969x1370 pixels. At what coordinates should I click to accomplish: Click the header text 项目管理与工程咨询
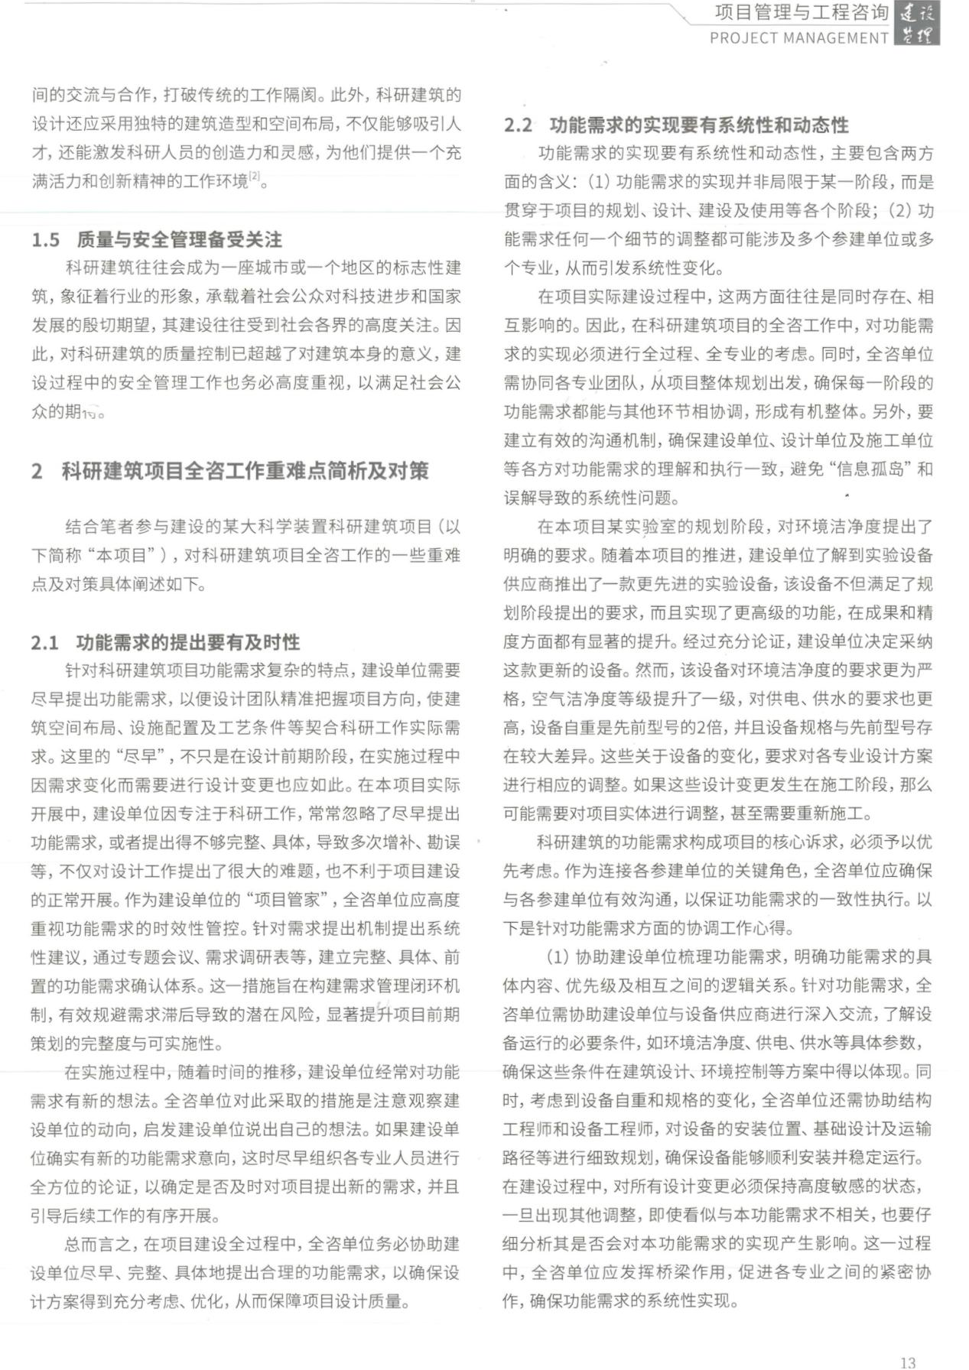[802, 12]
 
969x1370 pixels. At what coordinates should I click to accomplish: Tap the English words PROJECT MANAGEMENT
[799, 38]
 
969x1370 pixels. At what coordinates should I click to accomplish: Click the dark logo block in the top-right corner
[917, 24]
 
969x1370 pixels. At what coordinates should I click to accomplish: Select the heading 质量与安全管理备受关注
[179, 240]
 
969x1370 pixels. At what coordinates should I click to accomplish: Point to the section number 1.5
[45, 240]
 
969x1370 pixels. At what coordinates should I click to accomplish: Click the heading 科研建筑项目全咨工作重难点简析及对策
[245, 471]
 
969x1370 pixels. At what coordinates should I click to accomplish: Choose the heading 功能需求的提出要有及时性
[187, 642]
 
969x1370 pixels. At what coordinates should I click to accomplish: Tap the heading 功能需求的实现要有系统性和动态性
[699, 125]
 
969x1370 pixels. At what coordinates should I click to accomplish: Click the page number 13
[908, 1362]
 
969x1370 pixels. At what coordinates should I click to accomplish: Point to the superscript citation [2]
[255, 177]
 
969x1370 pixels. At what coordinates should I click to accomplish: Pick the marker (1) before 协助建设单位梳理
[558, 957]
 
